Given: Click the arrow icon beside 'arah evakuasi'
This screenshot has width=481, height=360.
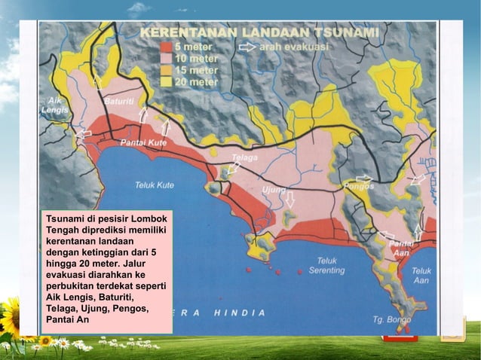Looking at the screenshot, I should point(247,46).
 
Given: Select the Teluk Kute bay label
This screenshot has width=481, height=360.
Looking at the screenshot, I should point(155,185).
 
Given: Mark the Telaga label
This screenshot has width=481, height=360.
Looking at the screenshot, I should point(244,158).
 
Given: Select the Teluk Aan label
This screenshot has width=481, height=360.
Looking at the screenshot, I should point(421,275).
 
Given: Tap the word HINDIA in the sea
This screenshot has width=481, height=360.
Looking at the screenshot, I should point(239,313).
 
